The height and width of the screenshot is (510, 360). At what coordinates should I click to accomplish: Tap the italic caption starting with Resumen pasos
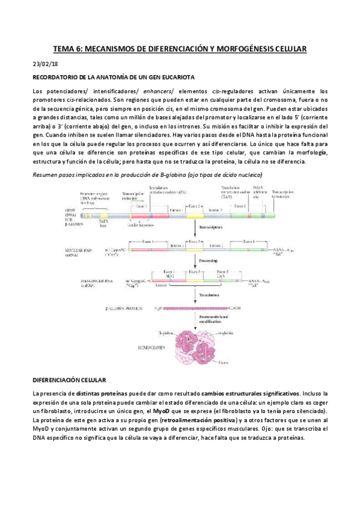pos(147,174)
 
